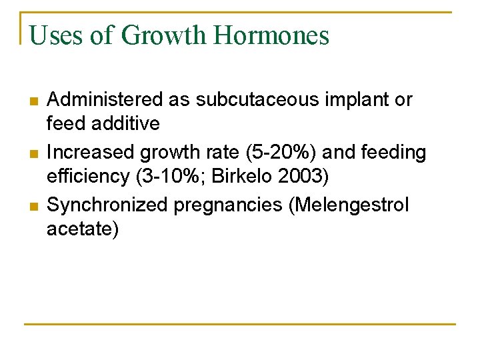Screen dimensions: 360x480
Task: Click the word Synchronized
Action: pos(107,205)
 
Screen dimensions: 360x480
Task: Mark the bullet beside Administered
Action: pos(34,101)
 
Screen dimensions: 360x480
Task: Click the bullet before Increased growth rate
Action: pos(34,154)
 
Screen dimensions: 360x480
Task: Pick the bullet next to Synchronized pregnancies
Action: pos(34,207)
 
